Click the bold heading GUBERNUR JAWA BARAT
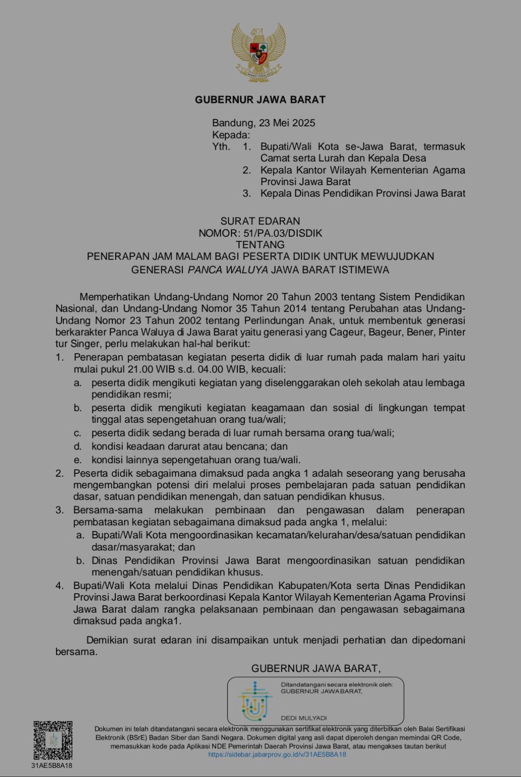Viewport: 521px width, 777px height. [x=260, y=100]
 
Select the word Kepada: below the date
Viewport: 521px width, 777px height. [x=231, y=135]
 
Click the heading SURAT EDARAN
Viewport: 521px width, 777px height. [x=260, y=221]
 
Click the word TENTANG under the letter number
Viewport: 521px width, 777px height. [x=260, y=245]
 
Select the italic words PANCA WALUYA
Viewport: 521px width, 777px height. [x=228, y=270]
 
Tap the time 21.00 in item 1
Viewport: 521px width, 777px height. [x=142, y=369]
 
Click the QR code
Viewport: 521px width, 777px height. [x=53, y=741]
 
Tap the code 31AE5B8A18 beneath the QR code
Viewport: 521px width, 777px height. [x=52, y=765]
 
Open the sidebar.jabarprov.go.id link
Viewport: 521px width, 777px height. [x=277, y=755]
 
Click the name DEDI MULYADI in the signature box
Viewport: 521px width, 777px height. [x=304, y=718]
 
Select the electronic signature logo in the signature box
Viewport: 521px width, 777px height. [x=254, y=701]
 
